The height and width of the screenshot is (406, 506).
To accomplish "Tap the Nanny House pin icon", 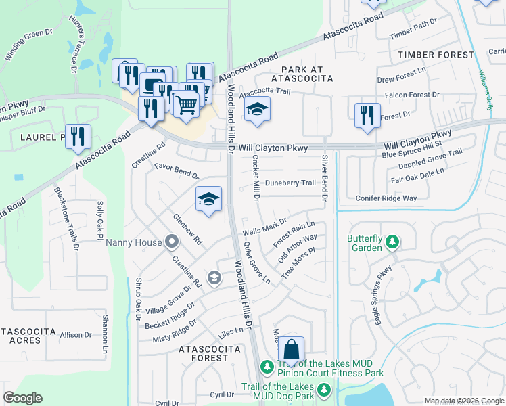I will (x=172, y=242).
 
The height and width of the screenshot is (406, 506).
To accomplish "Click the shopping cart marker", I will (x=186, y=104).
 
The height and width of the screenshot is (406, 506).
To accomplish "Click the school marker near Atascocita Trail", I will (x=256, y=110).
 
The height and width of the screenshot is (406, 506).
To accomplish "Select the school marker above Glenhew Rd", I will (x=208, y=198).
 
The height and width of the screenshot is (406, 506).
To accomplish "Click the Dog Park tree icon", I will (x=324, y=390).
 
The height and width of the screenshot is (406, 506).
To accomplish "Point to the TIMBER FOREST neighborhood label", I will (x=436, y=54).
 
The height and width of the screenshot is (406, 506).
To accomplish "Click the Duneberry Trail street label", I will (x=290, y=183).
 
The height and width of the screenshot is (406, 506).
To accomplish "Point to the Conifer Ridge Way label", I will (x=386, y=198).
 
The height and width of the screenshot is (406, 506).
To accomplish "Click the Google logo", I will (x=23, y=398).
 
